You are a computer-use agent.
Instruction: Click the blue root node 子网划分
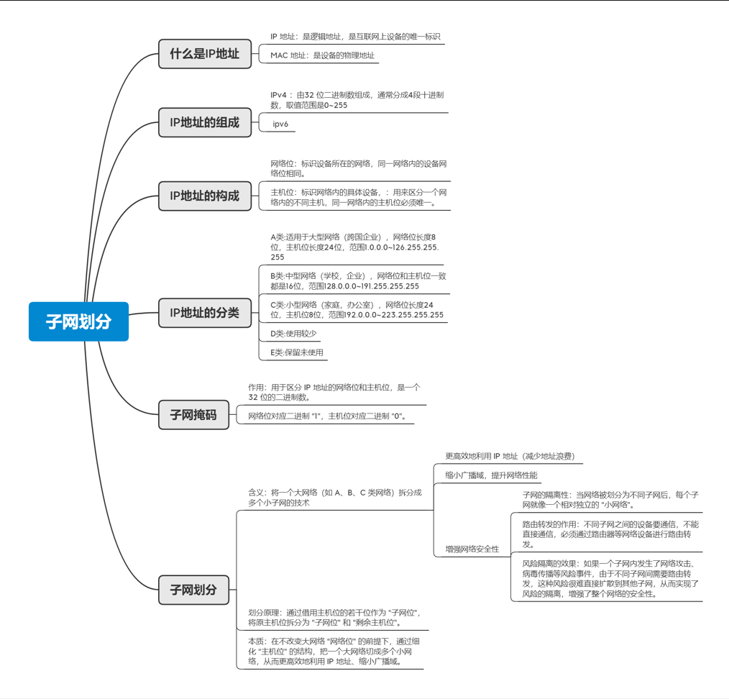[79, 321]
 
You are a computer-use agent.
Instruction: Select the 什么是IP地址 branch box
[205, 54]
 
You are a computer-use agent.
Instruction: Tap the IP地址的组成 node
[205, 122]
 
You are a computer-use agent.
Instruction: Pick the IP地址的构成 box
[205, 196]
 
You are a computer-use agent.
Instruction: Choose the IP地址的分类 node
[205, 313]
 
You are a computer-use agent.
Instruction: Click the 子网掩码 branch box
[193, 415]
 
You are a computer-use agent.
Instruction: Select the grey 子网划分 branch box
[193, 590]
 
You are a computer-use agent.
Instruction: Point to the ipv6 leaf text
[280, 124]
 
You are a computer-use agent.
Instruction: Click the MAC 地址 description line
[322, 55]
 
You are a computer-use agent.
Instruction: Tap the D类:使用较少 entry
[293, 334]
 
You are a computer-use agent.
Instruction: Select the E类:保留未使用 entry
[297, 352]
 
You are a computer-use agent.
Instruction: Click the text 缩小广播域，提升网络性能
[491, 475]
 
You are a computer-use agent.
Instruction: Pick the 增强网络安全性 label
[472, 549]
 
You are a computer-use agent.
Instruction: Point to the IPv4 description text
[357, 100]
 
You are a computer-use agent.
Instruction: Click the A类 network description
[354, 247]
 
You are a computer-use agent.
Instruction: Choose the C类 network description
[357, 310]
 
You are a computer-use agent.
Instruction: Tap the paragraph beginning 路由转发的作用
[610, 534]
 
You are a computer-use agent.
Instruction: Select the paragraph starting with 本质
[335, 651]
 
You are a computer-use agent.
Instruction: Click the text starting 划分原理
[334, 617]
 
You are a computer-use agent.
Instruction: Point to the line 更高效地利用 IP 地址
[510, 456]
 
